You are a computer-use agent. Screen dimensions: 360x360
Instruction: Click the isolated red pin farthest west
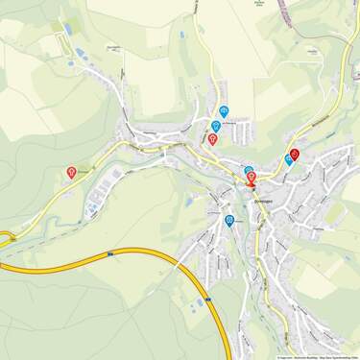pyautogui.click(x=72, y=172)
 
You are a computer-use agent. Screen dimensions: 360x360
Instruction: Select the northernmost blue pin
pyautogui.click(x=224, y=110)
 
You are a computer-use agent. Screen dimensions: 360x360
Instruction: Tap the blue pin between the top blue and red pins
pyautogui.click(x=216, y=126)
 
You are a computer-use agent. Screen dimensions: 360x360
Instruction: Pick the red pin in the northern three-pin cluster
pyautogui.click(x=212, y=139)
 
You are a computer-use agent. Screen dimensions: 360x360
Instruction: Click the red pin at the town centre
pyautogui.click(x=252, y=178)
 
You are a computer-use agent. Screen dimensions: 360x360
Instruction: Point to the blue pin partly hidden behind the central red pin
pyautogui.click(x=249, y=171)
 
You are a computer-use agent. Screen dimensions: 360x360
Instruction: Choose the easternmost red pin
pyautogui.click(x=295, y=154)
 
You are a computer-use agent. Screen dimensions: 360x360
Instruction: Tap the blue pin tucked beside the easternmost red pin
pyautogui.click(x=289, y=160)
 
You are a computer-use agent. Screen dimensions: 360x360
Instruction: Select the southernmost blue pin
pyautogui.click(x=229, y=220)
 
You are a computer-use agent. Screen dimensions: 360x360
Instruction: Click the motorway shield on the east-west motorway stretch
pyautogui.click(x=111, y=253)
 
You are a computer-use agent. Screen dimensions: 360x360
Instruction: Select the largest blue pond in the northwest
pyautogui.click(x=81, y=53)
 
